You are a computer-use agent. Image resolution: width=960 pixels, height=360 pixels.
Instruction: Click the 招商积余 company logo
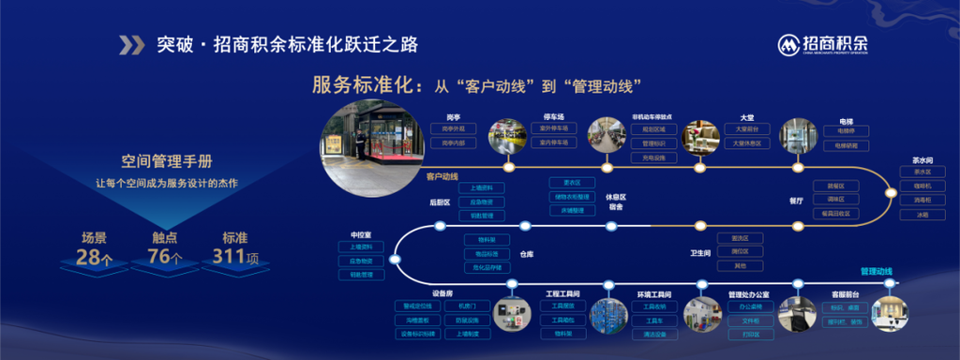click(x=823, y=43)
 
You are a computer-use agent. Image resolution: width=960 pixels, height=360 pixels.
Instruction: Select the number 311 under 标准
click(x=233, y=256)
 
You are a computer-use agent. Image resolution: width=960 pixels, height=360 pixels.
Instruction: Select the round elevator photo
click(x=799, y=136)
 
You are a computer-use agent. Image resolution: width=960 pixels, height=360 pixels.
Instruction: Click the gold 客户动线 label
click(x=442, y=175)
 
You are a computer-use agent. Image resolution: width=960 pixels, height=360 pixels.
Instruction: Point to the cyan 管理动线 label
click(x=877, y=272)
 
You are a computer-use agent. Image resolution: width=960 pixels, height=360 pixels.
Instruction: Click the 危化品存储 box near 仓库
click(x=486, y=266)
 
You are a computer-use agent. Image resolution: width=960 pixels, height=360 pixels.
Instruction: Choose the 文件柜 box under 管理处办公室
click(x=749, y=320)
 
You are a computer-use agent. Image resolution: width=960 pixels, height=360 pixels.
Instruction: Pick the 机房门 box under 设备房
click(x=467, y=306)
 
